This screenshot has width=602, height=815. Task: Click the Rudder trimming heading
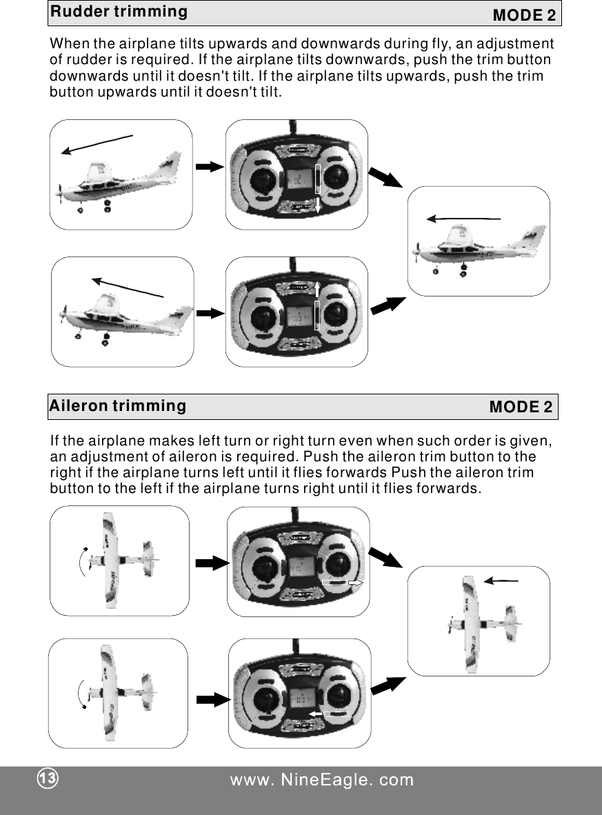(x=118, y=12)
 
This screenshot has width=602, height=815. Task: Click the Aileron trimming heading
(x=117, y=405)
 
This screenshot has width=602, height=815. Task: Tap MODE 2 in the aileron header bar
(x=521, y=407)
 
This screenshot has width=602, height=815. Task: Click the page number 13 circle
(x=47, y=779)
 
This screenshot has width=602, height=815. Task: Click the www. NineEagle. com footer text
(x=321, y=780)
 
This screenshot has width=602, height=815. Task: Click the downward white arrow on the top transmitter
(x=318, y=204)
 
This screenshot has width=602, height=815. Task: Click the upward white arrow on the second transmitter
(x=318, y=287)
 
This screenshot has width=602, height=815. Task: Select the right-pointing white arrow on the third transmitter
(x=354, y=583)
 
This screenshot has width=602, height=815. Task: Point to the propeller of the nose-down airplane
(x=61, y=191)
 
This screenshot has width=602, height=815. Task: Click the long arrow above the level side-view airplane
(x=463, y=219)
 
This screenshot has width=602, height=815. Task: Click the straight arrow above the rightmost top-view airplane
(x=501, y=581)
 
